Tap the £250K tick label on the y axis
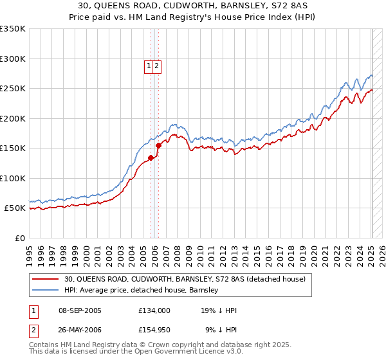13,89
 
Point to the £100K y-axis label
13,179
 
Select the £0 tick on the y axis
19,239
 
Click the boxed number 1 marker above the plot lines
149,65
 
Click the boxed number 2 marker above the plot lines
156,65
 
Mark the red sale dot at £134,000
151,157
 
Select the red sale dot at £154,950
158,145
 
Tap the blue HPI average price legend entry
141,291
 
